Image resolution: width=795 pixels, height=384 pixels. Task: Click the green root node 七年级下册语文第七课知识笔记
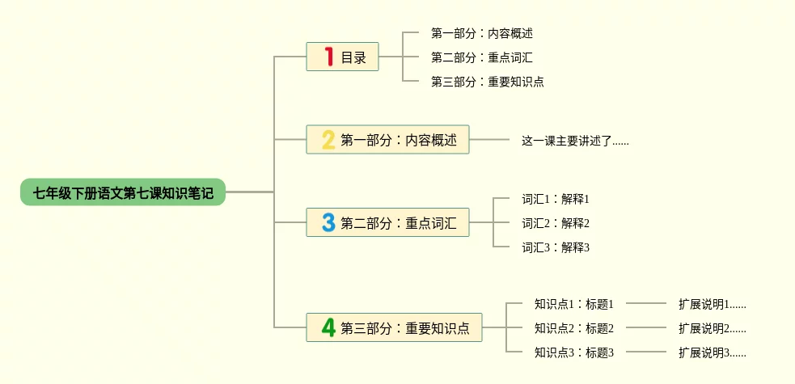[123, 192]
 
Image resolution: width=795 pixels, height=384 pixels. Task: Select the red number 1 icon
[329, 57]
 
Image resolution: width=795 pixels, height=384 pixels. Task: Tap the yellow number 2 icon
[328, 139]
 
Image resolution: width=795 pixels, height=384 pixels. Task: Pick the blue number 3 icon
[328, 222]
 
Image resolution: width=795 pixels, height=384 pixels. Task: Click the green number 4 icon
[328, 327]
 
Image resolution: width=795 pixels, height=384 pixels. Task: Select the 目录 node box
[342, 57]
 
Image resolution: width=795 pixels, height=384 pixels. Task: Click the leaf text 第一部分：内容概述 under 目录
[482, 33]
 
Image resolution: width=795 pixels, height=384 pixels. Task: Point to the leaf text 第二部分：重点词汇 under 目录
[482, 57]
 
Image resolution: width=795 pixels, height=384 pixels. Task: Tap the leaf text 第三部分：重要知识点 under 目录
[487, 82]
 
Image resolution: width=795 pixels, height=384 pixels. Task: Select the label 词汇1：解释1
[556, 199]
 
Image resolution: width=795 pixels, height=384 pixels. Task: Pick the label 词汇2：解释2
[556, 223]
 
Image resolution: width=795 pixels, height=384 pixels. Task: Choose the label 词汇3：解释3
[556, 247]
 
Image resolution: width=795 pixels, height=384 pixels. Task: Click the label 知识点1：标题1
[574, 304]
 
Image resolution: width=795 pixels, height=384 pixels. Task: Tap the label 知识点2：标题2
[574, 327]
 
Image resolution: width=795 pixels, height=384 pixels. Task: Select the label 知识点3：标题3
[574, 352]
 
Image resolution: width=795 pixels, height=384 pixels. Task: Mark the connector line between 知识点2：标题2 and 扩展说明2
[646, 327]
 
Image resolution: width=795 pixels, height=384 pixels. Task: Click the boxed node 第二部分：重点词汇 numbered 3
[388, 222]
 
